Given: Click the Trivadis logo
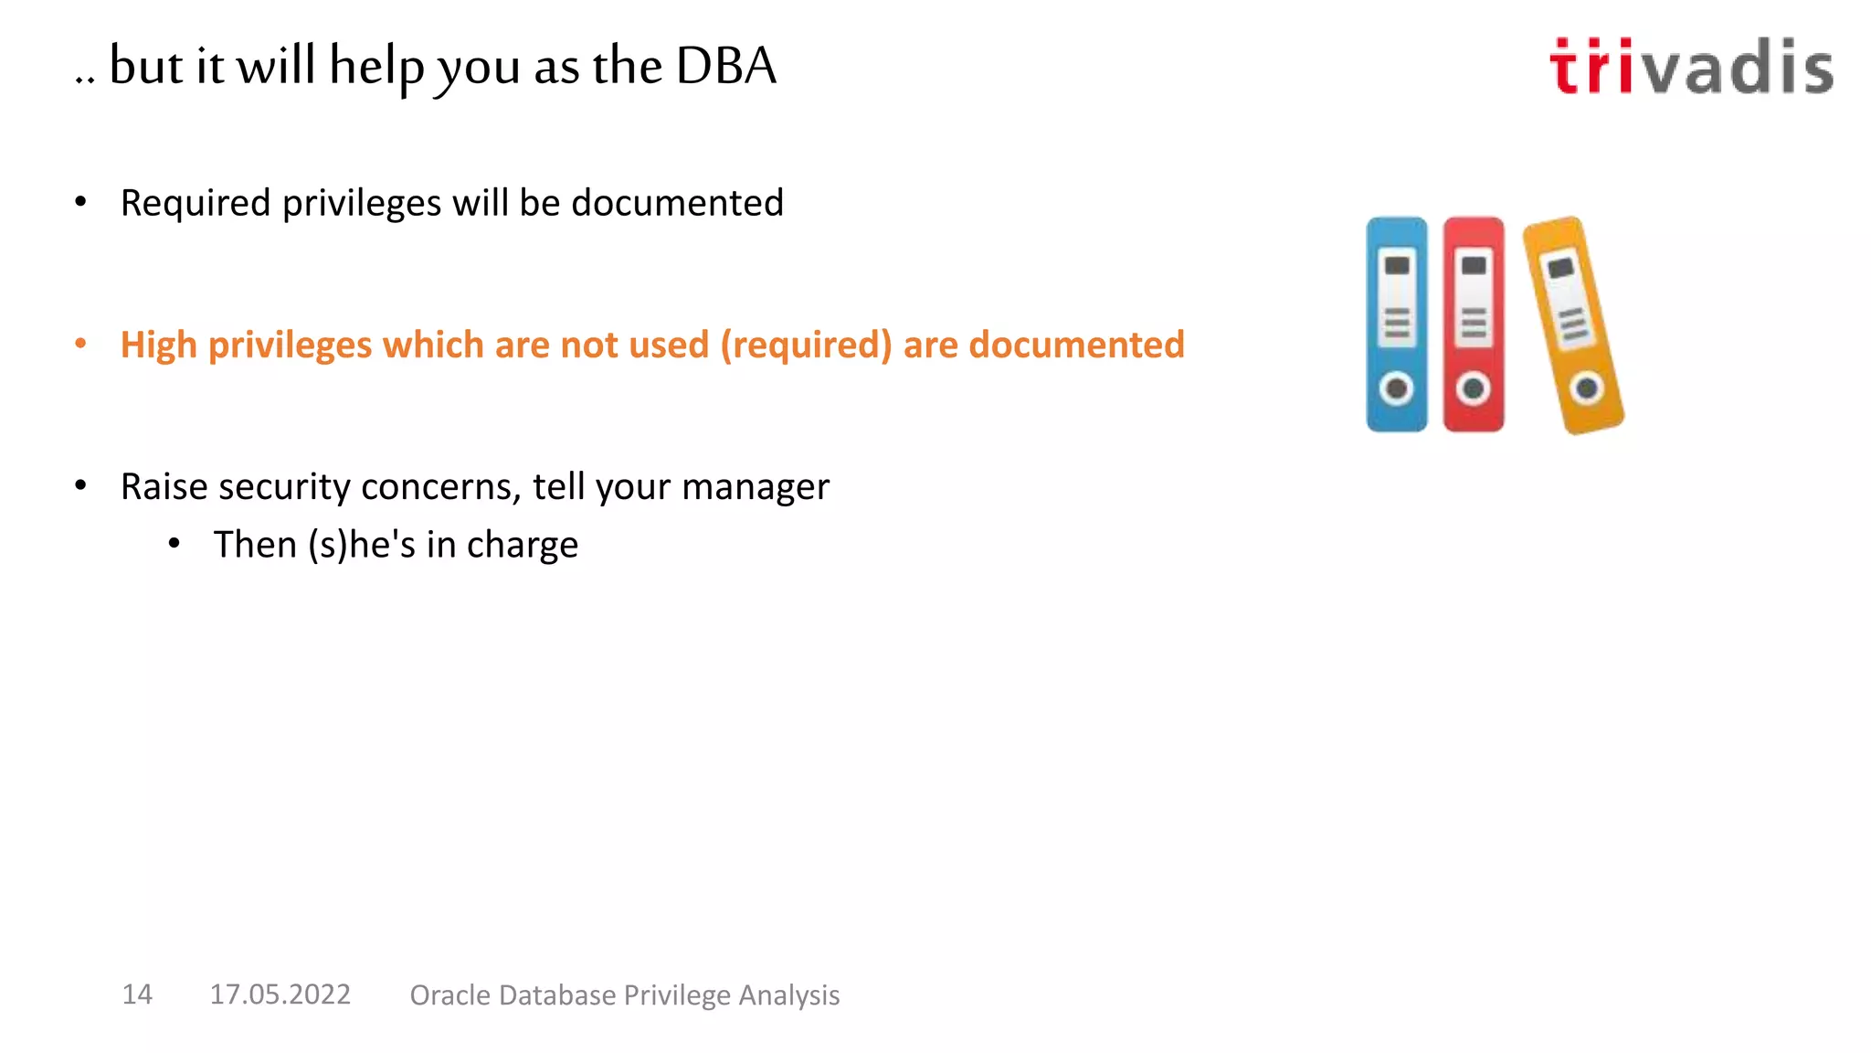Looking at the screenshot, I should pos(1691,67).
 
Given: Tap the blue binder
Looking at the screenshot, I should pos(1396,324).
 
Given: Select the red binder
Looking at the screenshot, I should pos(1473,324).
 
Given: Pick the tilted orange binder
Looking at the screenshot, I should pos(1572,324).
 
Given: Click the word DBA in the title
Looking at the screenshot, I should pos(726,66).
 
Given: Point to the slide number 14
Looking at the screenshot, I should pos(137,994).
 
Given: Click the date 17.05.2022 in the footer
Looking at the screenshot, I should pos(280,994).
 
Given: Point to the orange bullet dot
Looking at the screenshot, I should pos(80,344).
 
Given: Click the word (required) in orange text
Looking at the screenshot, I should pos(806,346).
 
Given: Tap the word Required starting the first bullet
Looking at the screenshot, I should pos(196,203).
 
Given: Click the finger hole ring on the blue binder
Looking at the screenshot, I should pos(1396,388).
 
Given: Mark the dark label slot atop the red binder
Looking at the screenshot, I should pos(1474,265).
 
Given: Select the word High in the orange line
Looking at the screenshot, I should pos(158,346).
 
